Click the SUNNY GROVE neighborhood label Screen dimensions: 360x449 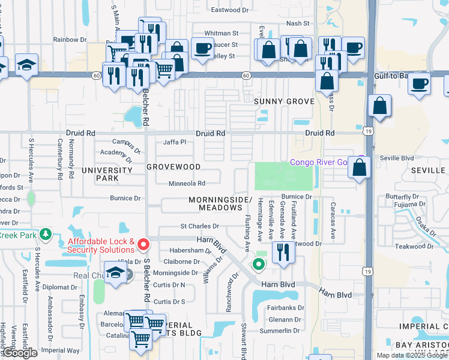pyautogui.click(x=284, y=101)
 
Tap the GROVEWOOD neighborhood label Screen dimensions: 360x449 pyautogui.click(x=173, y=166)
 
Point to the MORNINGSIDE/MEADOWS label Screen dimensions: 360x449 pyautogui.click(x=220, y=203)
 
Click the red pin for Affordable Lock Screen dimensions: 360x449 pyautogui.click(x=143, y=244)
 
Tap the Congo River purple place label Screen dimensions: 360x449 pyautogui.click(x=319, y=162)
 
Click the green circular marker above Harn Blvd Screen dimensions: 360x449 pyautogui.click(x=259, y=263)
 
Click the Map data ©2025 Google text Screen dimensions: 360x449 pyautogui.click(x=412, y=355)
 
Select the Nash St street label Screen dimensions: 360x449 pyautogui.click(x=297, y=23)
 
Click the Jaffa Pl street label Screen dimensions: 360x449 pyautogui.click(x=175, y=142)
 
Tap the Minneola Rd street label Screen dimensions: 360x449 pyautogui.click(x=187, y=184)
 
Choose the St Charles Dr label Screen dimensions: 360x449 pyautogui.click(x=200, y=226)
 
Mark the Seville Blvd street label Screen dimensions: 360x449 pyautogui.click(x=397, y=158)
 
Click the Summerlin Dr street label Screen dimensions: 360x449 pyautogui.click(x=279, y=331)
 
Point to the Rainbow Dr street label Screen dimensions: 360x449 pyautogui.click(x=70, y=40)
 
